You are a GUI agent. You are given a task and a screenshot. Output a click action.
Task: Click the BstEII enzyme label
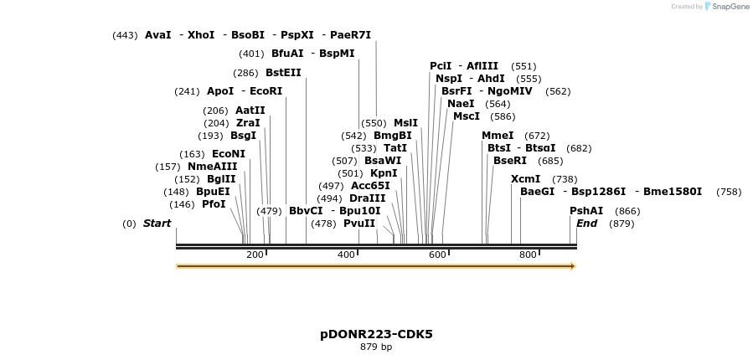[283, 73]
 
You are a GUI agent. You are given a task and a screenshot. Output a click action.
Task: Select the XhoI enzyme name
[201, 35]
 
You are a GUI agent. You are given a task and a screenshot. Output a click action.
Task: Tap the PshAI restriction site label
[586, 211]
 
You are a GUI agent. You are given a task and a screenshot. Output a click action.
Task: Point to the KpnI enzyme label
[384, 173]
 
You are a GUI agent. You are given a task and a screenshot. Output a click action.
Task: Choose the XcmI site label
[525, 179]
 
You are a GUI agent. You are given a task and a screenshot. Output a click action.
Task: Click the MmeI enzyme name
[498, 136]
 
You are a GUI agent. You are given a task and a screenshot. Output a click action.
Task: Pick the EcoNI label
[229, 154]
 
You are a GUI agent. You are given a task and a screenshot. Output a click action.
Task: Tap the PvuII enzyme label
[359, 224]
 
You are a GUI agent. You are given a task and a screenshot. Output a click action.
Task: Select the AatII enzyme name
[250, 111]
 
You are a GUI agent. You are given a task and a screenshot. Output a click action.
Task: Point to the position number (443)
[125, 35]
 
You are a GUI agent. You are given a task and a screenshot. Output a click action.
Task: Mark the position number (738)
[565, 179]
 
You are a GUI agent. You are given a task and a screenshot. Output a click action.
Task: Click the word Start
[157, 224]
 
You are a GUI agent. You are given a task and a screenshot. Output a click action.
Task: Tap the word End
[587, 224]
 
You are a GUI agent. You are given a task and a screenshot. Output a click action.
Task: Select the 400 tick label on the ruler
[346, 255]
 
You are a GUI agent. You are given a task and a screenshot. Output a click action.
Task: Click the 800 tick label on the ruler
[528, 255]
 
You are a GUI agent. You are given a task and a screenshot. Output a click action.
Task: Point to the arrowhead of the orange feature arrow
[573, 266]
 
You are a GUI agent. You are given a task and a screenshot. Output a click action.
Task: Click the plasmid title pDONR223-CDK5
[376, 334]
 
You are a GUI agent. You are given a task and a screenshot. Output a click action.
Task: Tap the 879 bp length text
[376, 347]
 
